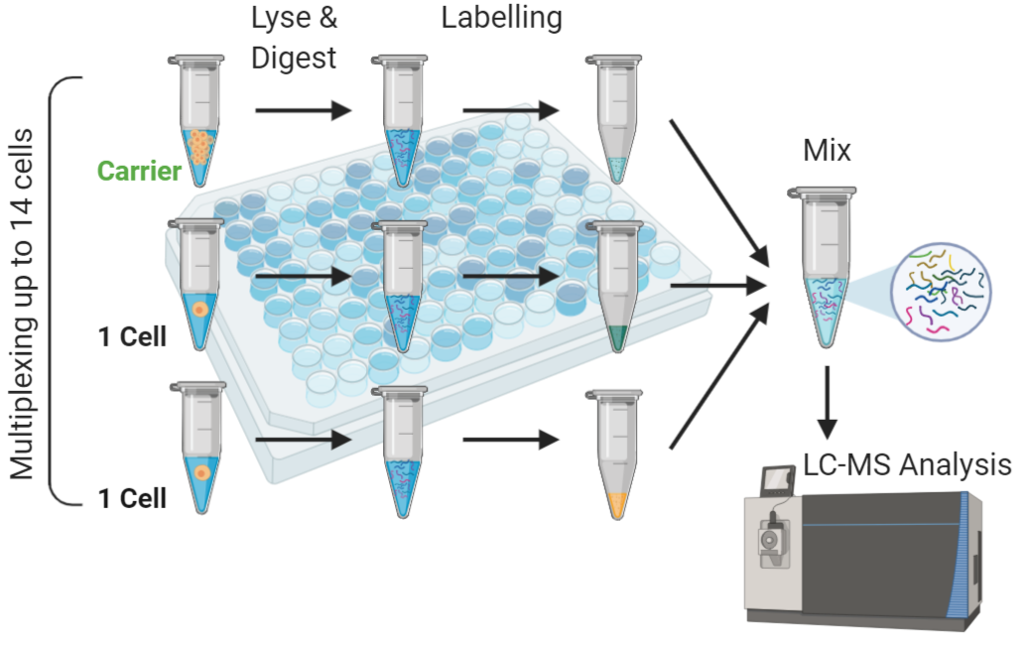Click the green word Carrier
click(139, 171)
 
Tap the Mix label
click(827, 150)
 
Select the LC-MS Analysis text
click(907, 464)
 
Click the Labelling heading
click(501, 18)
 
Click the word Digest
click(294, 59)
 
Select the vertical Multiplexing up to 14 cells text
click(21, 305)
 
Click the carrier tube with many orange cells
click(197, 121)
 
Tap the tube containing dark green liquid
click(615, 287)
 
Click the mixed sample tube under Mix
click(824, 267)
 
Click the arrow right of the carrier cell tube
click(304, 110)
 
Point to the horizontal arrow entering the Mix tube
click(718, 286)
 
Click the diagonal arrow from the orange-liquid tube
click(719, 376)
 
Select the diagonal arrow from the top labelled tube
click(719, 194)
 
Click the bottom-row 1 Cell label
click(132, 498)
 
